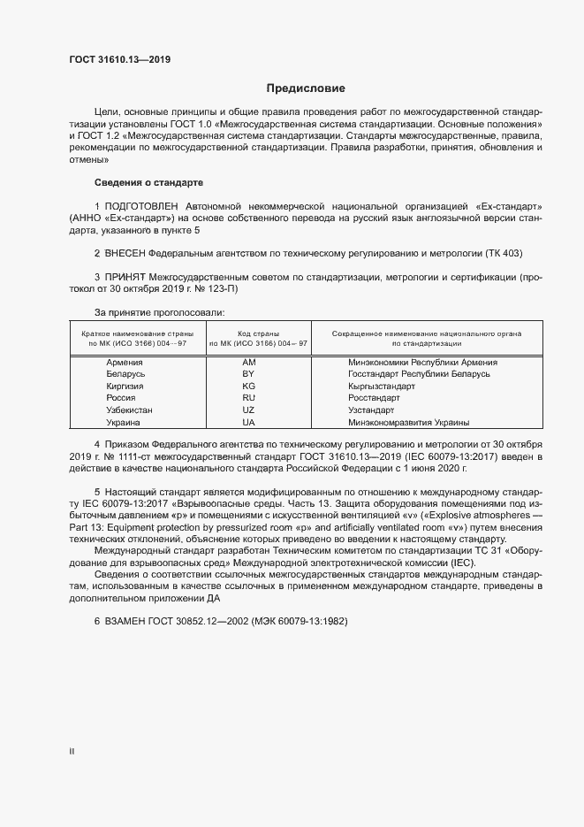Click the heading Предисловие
306,88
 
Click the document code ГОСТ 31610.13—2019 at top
120,60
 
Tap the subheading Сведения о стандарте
148,182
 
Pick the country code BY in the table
248,374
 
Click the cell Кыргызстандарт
381,387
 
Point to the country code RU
248,398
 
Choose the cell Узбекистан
129,410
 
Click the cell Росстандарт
374,398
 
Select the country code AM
248,363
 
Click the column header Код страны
257,333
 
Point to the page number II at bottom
72,751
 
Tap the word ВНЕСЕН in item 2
124,252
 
